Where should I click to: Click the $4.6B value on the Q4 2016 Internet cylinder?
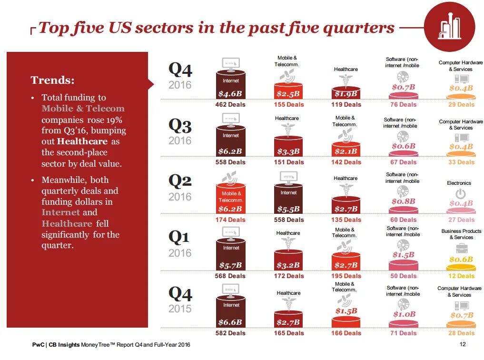231,94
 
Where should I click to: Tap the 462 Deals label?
230,105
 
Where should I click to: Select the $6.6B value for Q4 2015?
231,322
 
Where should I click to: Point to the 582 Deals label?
230,333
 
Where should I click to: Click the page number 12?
462,344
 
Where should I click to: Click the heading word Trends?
52,80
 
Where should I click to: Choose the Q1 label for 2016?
180,236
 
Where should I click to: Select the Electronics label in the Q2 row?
459,183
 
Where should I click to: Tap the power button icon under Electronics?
461,194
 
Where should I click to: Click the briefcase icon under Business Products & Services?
461,248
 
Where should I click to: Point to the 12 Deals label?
461,276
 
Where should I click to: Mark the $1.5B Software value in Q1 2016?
404,255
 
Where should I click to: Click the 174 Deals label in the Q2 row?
230,220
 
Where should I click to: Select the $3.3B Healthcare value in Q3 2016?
288,152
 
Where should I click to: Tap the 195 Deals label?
346,276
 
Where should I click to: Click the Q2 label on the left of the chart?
180,180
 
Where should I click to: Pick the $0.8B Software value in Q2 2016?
404,201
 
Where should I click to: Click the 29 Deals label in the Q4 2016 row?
461,105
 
